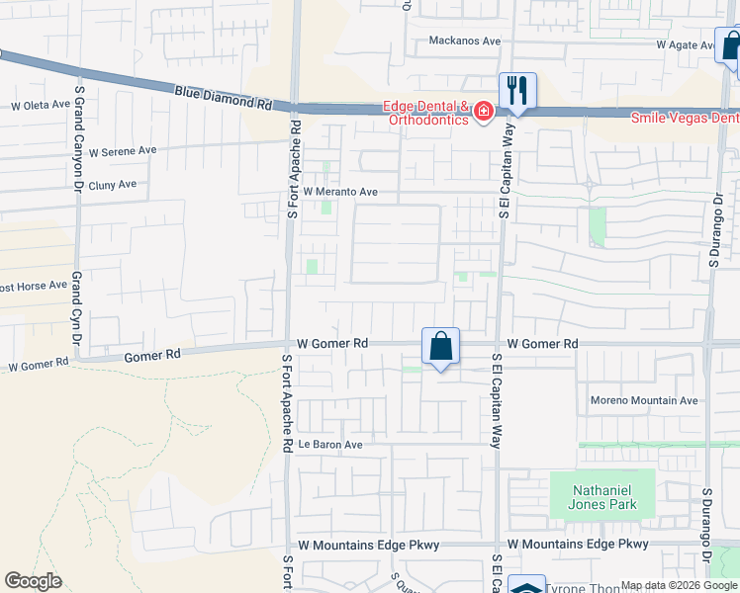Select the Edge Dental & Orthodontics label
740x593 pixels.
(x=426, y=114)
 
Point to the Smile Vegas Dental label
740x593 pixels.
(x=686, y=117)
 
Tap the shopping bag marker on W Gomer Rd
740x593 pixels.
(x=440, y=347)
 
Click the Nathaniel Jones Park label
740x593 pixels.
(x=601, y=497)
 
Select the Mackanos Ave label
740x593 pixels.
(x=465, y=42)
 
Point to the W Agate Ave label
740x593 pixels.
(x=685, y=45)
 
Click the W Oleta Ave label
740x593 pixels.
(x=41, y=105)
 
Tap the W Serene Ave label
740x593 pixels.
(x=123, y=153)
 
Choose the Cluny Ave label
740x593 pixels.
(x=112, y=185)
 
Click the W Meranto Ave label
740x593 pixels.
(x=341, y=192)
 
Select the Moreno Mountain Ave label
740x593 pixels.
(x=644, y=400)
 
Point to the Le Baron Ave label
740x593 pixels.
(x=330, y=445)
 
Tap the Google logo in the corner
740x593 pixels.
(x=33, y=581)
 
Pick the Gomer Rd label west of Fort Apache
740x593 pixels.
(x=152, y=354)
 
